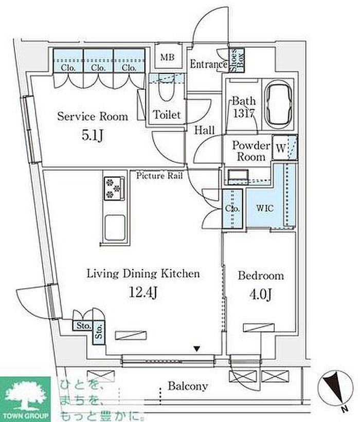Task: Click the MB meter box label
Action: [x=167, y=58]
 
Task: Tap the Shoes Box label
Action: [x=237, y=60]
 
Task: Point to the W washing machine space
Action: [x=280, y=148]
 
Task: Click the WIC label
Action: [x=264, y=208]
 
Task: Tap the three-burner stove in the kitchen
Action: [x=114, y=188]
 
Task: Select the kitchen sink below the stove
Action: [x=115, y=228]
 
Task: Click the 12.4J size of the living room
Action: [x=142, y=292]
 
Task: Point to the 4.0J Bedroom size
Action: [x=260, y=295]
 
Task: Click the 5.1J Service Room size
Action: [x=92, y=136]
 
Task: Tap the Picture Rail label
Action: [x=159, y=176]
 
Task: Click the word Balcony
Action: [x=188, y=386]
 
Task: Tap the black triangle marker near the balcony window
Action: [x=197, y=349]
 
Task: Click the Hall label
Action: [x=204, y=130]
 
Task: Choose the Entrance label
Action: [x=208, y=64]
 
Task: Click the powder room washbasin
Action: [x=238, y=176]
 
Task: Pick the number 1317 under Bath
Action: [x=243, y=114]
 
